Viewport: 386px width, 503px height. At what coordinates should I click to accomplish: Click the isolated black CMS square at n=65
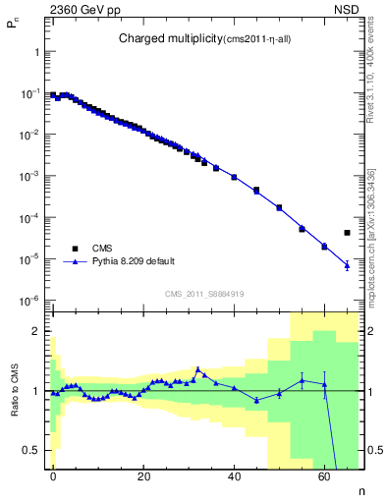tap(347, 233)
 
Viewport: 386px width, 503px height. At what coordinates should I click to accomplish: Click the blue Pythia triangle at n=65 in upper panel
tap(347, 265)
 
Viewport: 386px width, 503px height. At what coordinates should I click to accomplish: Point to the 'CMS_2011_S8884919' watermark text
tap(202, 294)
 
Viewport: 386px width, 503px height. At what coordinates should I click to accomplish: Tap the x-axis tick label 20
tap(144, 475)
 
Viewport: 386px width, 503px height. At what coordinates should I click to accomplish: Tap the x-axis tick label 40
tap(235, 475)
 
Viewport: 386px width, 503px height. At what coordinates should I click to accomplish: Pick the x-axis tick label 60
tap(325, 475)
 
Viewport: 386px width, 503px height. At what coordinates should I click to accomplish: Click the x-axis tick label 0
tap(54, 475)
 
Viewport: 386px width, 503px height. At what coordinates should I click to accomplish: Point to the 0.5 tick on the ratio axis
tap(31, 450)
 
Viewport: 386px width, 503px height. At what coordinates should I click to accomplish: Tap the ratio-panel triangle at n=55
tap(302, 380)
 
